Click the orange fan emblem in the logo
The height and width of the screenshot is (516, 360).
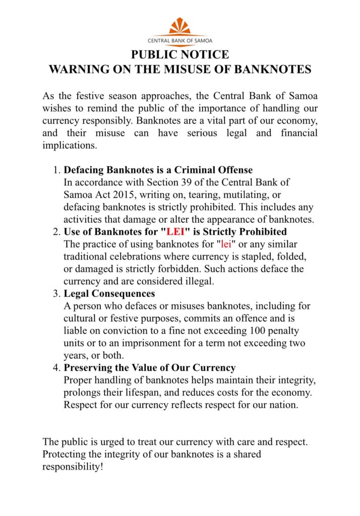(180, 26)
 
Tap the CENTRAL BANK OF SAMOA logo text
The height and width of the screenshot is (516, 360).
(180, 41)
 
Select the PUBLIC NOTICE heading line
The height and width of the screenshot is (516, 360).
(180, 54)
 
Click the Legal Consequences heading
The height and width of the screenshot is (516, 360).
(109, 293)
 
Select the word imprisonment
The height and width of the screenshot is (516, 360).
(154, 343)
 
